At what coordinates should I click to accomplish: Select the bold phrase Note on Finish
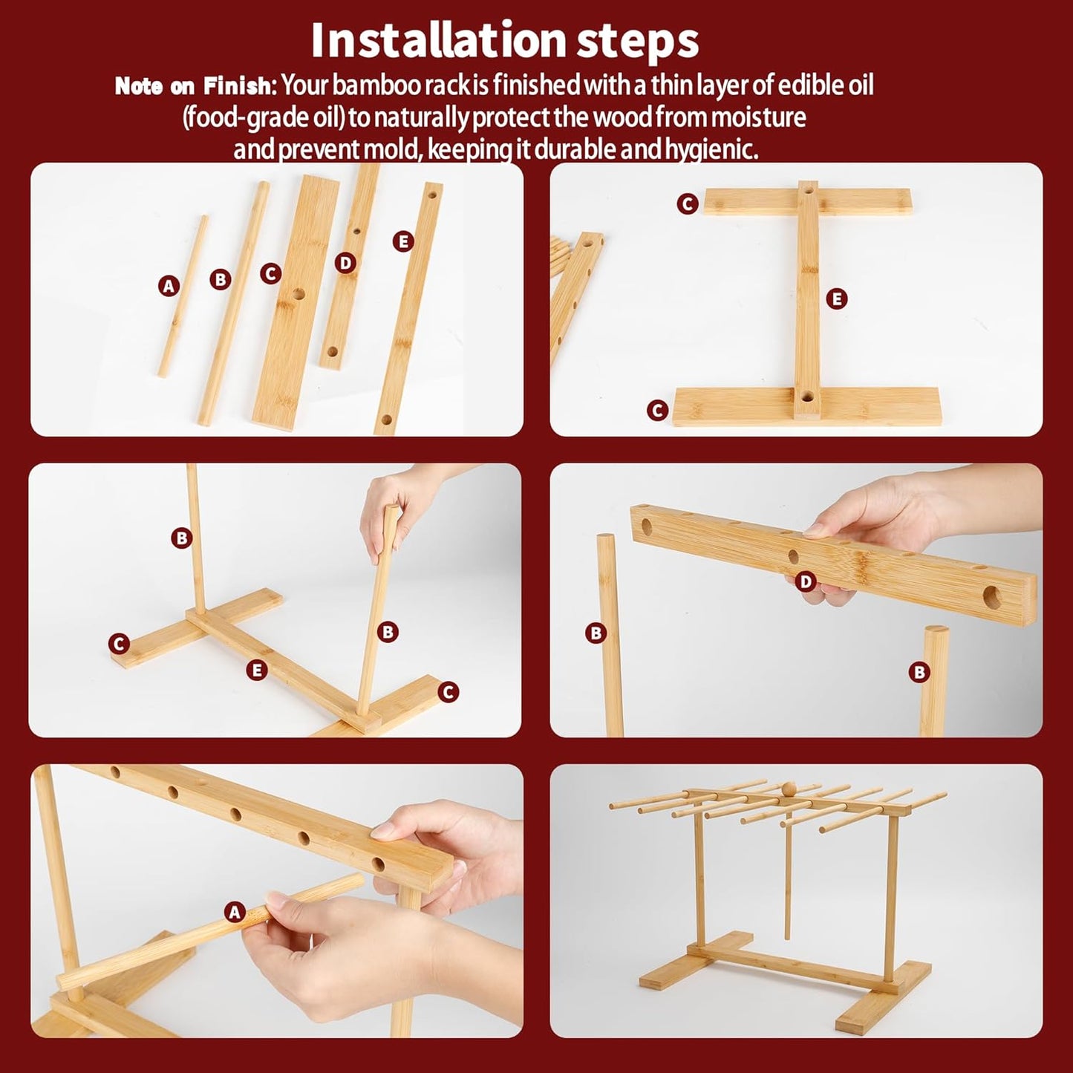[x=195, y=87]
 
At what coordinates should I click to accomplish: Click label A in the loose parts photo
[x=169, y=285]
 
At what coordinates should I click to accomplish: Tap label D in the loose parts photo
[x=345, y=263]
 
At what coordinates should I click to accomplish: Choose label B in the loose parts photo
[x=220, y=279]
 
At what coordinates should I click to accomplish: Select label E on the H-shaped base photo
[x=836, y=299]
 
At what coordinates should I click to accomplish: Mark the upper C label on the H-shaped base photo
[x=688, y=203]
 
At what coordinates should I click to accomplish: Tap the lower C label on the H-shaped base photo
[x=657, y=410]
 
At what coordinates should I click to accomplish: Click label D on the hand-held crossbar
[x=806, y=581]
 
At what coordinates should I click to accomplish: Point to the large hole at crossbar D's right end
[x=993, y=596]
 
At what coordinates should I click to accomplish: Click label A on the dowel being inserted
[x=235, y=912]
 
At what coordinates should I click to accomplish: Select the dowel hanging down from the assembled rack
[x=786, y=884]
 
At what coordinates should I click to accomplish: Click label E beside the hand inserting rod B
[x=256, y=670]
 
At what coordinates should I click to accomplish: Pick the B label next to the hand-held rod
[x=388, y=632]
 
